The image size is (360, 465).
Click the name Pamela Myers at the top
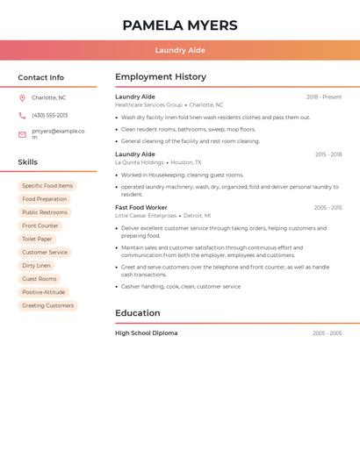(x=180, y=25)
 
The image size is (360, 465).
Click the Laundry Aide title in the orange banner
(x=180, y=50)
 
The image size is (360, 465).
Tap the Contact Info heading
(x=41, y=77)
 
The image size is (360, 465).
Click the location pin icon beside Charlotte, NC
(x=22, y=97)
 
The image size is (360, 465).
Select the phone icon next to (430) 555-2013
(x=22, y=115)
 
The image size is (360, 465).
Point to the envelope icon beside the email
(x=22, y=134)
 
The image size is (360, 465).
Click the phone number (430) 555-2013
(x=49, y=115)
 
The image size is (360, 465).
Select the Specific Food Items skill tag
(x=47, y=186)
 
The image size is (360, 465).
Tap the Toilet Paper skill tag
(x=37, y=239)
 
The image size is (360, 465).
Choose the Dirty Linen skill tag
(x=36, y=266)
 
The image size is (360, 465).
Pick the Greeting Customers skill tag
(x=47, y=305)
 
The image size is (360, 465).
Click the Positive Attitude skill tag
(x=43, y=292)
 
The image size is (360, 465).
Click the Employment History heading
(x=161, y=77)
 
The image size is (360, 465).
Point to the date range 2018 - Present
(x=324, y=97)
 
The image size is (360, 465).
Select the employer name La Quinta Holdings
(x=140, y=162)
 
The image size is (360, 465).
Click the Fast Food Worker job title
(x=140, y=208)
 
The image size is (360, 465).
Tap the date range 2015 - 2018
(x=328, y=154)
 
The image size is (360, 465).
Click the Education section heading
(x=138, y=313)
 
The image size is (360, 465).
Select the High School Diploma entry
(x=146, y=333)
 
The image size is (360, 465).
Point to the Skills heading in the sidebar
(x=28, y=162)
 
